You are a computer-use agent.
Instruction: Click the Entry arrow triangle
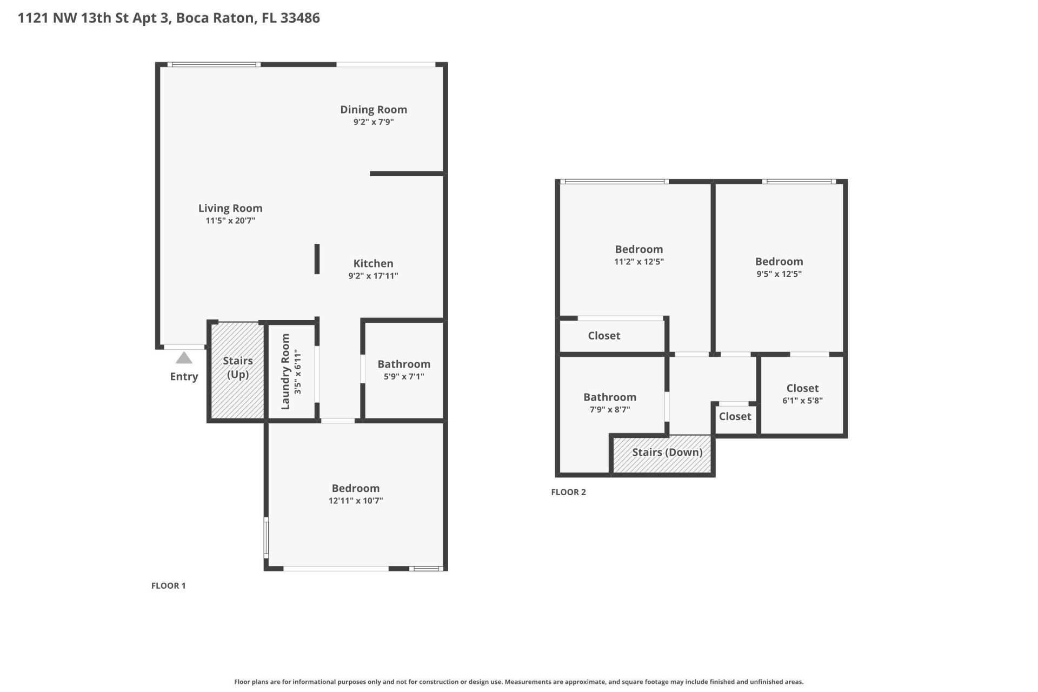click(x=184, y=358)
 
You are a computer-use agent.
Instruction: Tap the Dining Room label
click(x=373, y=110)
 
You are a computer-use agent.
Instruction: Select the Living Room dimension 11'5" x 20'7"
click(x=230, y=221)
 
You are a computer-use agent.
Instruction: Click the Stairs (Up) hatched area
click(x=237, y=395)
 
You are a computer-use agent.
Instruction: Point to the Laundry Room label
click(x=285, y=371)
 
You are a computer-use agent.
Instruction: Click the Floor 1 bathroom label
click(x=403, y=364)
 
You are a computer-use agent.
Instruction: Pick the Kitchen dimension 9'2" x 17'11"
click(x=372, y=276)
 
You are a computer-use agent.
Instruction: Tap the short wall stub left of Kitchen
click(x=317, y=259)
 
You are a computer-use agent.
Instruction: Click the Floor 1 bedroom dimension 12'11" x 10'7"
click(x=355, y=501)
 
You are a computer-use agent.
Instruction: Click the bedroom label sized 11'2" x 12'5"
click(x=638, y=249)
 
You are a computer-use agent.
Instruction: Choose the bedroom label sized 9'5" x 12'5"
click(x=778, y=262)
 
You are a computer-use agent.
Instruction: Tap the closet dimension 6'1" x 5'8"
click(x=802, y=401)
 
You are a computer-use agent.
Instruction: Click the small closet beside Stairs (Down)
click(x=735, y=417)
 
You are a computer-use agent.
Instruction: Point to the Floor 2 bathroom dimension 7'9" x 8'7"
click(x=609, y=410)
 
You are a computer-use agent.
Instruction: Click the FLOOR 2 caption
click(x=568, y=492)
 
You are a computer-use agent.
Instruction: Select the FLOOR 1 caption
click(x=168, y=585)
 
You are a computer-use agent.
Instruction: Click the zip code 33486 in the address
click(x=300, y=18)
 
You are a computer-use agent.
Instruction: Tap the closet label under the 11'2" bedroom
click(x=604, y=336)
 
